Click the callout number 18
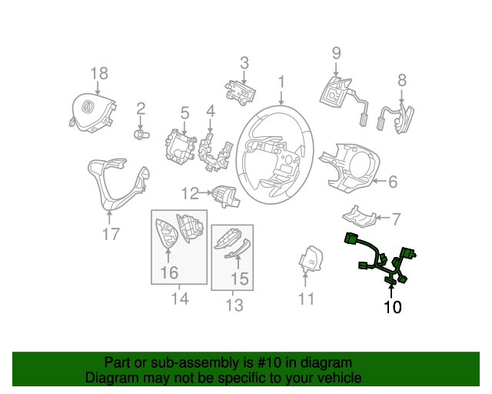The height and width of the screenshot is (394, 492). [x=99, y=73]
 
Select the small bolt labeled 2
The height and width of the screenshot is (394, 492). [x=140, y=135]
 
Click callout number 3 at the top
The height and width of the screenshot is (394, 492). [x=244, y=62]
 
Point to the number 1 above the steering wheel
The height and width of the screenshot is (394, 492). [x=281, y=82]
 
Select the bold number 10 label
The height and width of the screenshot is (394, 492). [x=392, y=308]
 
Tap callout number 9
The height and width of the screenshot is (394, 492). [x=336, y=53]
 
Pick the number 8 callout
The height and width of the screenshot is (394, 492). [x=402, y=79]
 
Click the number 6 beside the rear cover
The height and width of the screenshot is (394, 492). [x=392, y=182]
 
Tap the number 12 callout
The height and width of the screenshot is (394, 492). [x=190, y=193]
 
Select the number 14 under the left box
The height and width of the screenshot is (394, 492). [x=180, y=298]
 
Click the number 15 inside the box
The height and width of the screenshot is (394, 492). [x=240, y=278]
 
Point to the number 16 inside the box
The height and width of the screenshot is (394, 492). [x=168, y=272]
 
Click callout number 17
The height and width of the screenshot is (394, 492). [x=111, y=234]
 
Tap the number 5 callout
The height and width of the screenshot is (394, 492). [x=184, y=114]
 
